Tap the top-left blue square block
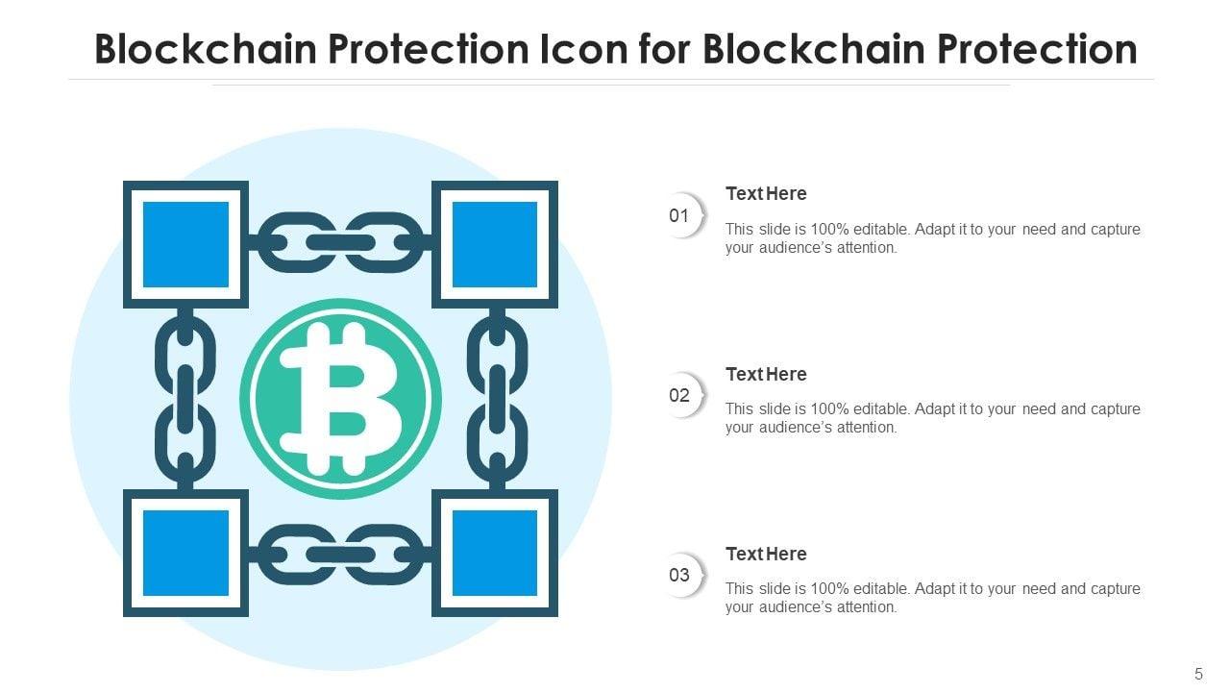click(186, 244)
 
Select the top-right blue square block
click(495, 244)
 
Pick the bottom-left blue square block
click(186, 553)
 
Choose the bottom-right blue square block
click(495, 553)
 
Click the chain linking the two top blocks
click(340, 242)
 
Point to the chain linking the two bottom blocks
click(340, 555)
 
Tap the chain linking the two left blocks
click(185, 398)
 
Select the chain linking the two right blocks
click(497, 398)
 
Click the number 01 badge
click(680, 215)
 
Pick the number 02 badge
click(680, 395)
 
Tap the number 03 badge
click(680, 575)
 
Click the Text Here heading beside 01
click(766, 194)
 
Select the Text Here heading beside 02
click(766, 374)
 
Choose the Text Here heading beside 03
click(766, 554)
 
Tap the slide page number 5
click(1198, 674)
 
